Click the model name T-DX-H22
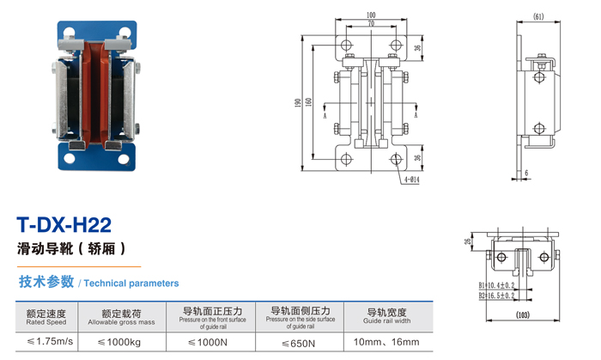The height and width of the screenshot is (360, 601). [x=65, y=226]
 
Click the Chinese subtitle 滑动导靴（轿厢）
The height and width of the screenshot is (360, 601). [x=72, y=250]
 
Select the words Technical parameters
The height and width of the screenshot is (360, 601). [x=131, y=283]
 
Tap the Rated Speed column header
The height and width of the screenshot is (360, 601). [x=46, y=317]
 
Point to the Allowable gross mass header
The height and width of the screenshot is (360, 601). [x=121, y=317]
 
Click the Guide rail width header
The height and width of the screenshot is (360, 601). [x=387, y=316]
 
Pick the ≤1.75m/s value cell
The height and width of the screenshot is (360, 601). [x=46, y=342]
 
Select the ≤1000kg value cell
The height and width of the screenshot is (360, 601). [x=121, y=342]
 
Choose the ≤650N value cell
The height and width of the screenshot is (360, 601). [x=300, y=343]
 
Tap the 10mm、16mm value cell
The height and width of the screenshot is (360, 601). [x=388, y=342]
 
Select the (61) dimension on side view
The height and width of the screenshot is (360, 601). [x=538, y=16]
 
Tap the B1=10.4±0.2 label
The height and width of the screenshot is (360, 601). [x=497, y=284]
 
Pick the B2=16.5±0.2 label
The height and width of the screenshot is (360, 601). [x=497, y=296]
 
